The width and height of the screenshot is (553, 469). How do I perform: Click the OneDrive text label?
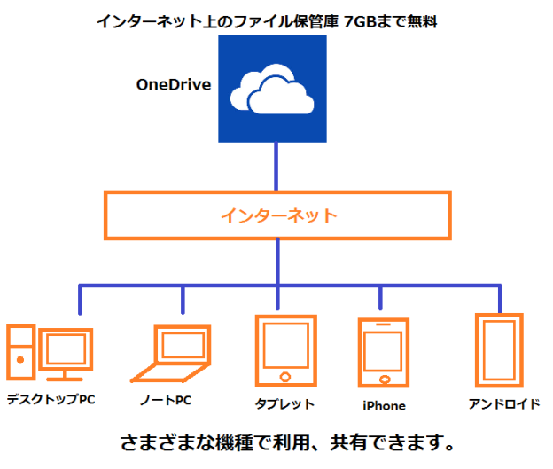point(173,85)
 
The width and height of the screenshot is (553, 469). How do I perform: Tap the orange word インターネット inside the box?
point(279,215)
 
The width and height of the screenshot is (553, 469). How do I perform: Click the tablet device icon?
point(285,351)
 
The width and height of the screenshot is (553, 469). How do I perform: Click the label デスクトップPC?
point(51,400)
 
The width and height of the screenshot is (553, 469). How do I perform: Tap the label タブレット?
point(284,404)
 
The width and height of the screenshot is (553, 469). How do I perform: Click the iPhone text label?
point(384,406)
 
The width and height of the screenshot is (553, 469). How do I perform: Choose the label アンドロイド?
point(504,404)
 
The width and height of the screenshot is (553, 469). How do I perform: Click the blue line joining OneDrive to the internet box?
point(278,166)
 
